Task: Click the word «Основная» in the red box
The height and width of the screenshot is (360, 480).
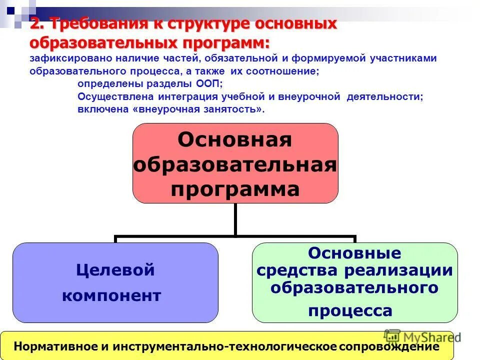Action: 234,140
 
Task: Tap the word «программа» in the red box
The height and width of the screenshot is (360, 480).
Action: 235,189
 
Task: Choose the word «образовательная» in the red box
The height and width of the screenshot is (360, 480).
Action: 235,165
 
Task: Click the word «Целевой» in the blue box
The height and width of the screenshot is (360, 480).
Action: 115,270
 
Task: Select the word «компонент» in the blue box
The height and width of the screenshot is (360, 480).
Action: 111,295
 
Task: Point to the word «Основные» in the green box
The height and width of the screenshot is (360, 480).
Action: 354,253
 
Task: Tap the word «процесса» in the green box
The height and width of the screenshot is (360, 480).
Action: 350,311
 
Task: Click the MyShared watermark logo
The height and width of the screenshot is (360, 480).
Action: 423,336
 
